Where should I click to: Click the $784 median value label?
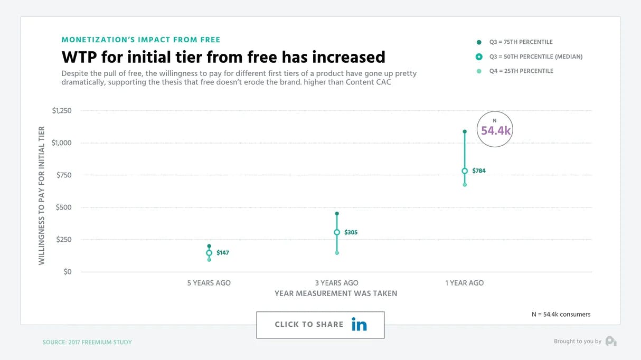(479, 171)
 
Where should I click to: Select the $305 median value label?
(351, 232)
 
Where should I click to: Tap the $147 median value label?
(223, 253)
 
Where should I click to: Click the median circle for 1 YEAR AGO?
(465, 171)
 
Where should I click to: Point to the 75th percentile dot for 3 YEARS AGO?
(337, 214)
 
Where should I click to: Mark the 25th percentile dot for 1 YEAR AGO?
(465, 185)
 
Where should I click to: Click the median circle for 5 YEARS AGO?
(209, 253)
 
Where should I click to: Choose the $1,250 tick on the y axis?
(62, 111)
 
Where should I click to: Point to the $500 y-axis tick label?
(63, 207)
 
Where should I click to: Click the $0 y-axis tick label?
(67, 272)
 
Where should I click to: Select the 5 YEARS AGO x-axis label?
(209, 283)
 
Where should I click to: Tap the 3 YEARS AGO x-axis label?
(336, 283)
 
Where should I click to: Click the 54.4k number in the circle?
(496, 130)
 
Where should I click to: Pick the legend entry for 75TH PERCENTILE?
(521, 42)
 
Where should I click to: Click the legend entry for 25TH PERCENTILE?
(521, 71)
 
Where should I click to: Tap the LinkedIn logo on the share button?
(359, 325)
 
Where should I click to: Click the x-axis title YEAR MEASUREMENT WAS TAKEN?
(336, 293)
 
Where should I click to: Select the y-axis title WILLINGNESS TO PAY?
(42, 195)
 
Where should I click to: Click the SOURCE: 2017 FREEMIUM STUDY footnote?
(87, 342)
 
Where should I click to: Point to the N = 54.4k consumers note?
(561, 315)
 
